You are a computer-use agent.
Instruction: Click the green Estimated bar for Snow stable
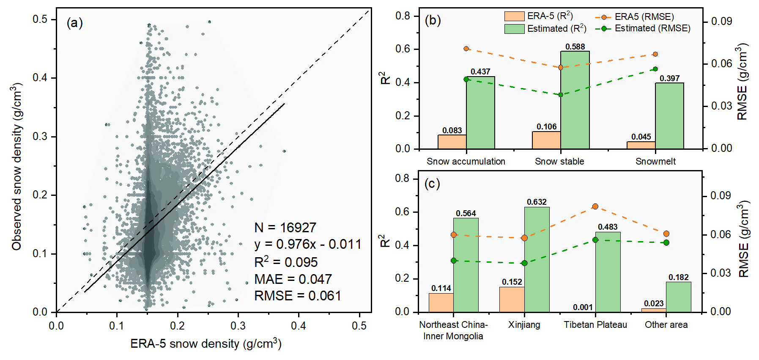(575, 100)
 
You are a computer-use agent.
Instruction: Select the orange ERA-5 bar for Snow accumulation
(452, 142)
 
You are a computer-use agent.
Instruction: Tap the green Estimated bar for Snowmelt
(669, 116)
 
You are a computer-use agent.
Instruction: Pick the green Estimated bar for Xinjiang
(537, 259)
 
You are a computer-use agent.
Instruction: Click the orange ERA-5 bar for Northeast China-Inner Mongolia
(441, 302)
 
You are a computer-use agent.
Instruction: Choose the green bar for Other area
(678, 297)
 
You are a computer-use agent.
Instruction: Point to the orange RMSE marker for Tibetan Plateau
(595, 206)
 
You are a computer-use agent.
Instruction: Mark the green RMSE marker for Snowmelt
(655, 69)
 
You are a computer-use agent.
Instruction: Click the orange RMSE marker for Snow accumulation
(466, 49)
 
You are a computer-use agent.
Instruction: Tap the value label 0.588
(575, 47)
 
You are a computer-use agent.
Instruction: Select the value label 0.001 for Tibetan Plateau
(583, 307)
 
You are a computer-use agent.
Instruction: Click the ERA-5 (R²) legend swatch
(514, 16)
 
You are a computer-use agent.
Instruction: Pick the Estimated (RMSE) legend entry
(643, 28)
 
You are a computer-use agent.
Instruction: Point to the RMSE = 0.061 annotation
(297, 296)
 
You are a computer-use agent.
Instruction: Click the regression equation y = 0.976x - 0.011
(307, 245)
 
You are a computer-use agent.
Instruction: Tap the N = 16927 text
(285, 228)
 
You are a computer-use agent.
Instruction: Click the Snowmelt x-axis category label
(655, 161)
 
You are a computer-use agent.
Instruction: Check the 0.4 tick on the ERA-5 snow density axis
(299, 326)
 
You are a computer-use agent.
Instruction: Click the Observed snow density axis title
(17, 167)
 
